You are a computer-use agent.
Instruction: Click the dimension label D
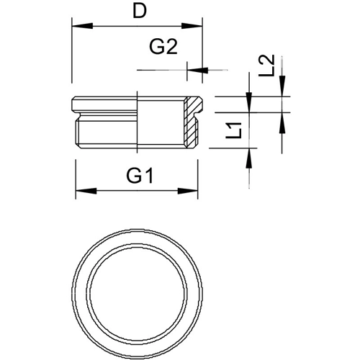pos(140,12)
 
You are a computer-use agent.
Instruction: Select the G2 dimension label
pos(163,47)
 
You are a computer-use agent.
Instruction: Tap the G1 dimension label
pos(140,176)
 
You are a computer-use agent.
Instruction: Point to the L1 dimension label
pos(234,130)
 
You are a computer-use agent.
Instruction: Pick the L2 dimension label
pos(266,66)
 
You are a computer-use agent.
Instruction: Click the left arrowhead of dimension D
pos(82,26)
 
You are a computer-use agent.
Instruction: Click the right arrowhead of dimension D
pos(192,26)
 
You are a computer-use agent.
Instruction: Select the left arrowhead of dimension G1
pos(86,191)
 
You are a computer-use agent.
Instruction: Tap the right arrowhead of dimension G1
pos(188,191)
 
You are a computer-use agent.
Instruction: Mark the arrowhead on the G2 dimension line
pos(197,70)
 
